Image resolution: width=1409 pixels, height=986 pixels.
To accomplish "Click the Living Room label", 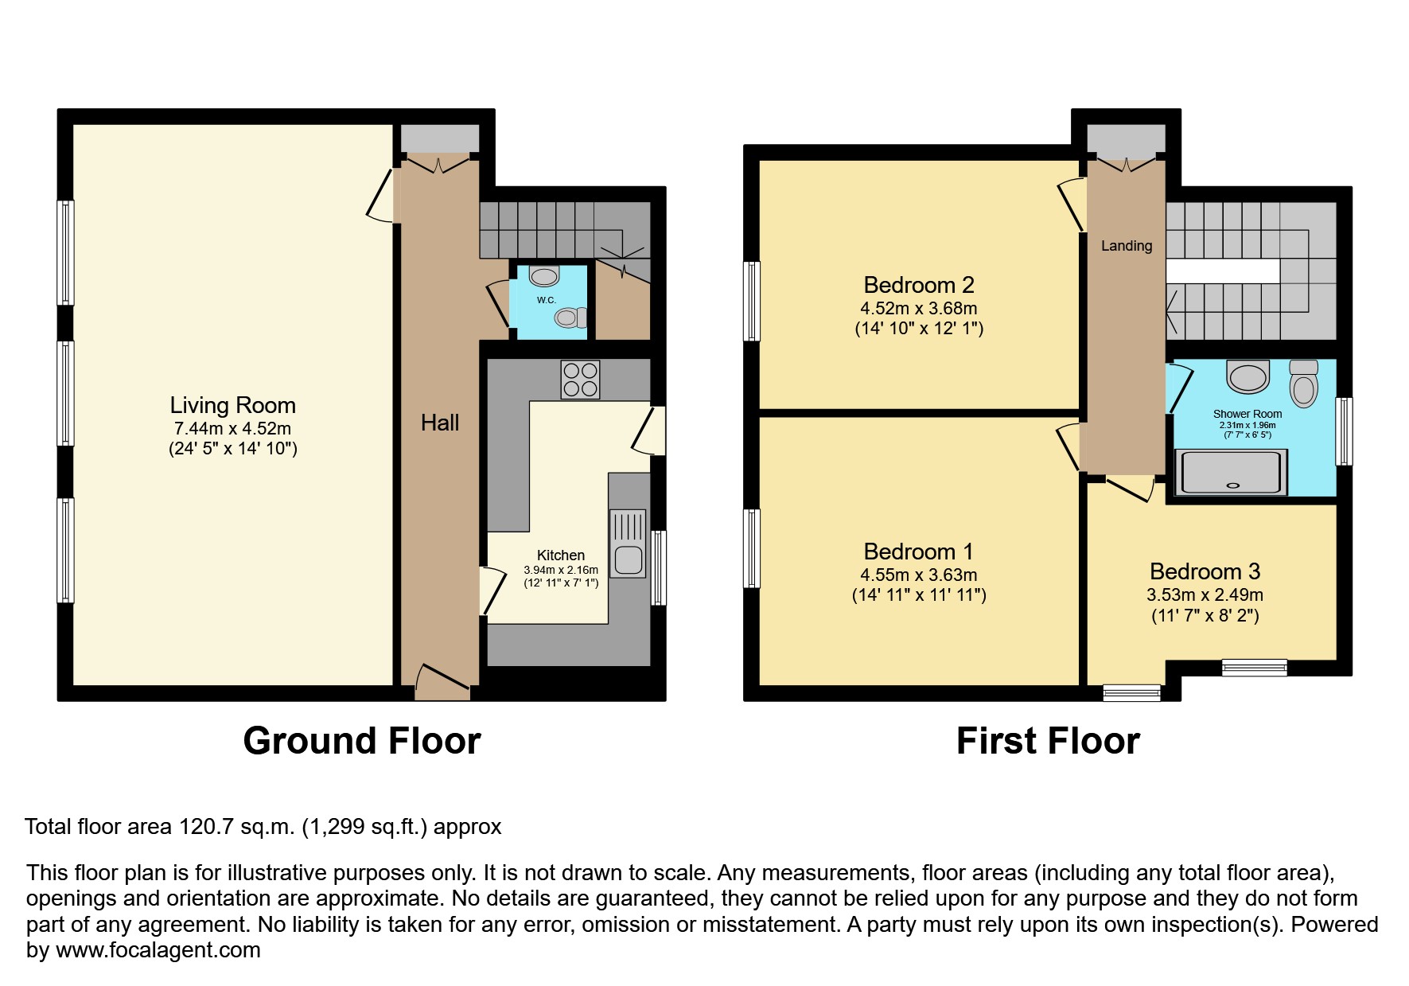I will (232, 405).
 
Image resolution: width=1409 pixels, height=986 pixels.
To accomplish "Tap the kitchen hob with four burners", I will (580, 380).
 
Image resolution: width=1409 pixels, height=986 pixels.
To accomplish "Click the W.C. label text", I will (546, 300).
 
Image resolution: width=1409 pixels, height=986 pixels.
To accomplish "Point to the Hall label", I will (440, 423).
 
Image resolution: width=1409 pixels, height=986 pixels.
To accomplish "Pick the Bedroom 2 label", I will (919, 285).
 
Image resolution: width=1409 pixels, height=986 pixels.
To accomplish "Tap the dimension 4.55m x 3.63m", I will (919, 575).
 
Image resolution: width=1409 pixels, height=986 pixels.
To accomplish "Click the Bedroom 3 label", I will (1205, 571).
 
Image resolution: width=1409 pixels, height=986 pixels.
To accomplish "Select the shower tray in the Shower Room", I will (1232, 473).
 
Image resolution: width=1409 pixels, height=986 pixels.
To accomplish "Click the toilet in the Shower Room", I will (1303, 385).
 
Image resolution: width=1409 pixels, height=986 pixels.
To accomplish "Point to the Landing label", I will (1126, 246).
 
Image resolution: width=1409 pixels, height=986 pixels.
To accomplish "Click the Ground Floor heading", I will (362, 741).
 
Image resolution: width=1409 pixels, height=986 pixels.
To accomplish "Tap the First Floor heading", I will (1048, 741).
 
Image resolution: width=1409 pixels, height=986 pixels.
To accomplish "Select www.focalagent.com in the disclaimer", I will (157, 950).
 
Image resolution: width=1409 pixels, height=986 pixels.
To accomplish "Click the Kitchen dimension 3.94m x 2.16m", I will (560, 570).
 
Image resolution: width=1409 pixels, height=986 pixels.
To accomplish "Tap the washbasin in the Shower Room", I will (1247, 377).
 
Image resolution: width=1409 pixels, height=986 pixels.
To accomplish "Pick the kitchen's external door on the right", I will (651, 431).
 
